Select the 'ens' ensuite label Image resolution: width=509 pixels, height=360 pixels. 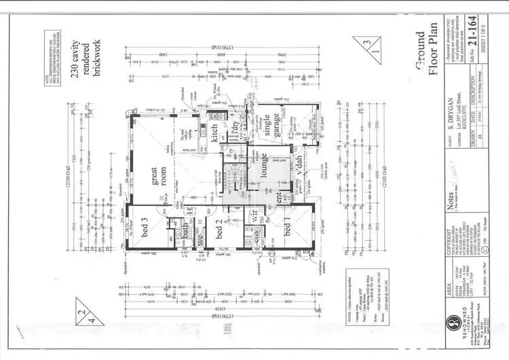click(257, 236)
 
